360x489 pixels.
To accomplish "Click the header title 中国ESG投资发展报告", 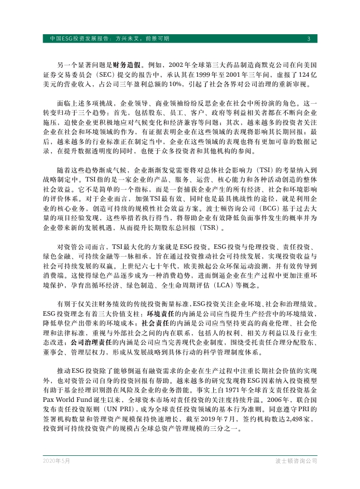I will pyautogui.click(x=78, y=39).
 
